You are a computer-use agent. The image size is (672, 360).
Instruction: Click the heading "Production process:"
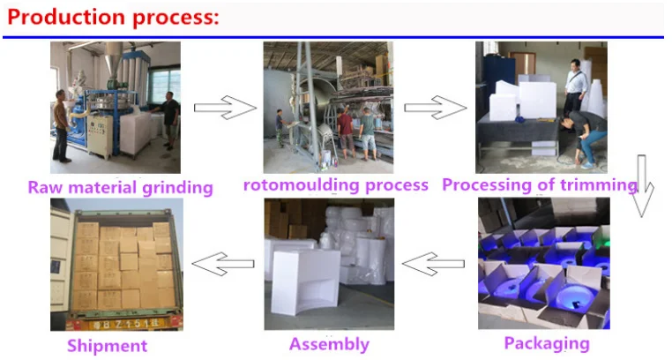pyautogui.click(x=113, y=18)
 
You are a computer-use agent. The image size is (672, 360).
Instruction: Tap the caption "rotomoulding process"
pyautogui.click(x=336, y=185)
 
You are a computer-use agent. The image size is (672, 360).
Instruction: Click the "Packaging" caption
pyautogui.click(x=547, y=344)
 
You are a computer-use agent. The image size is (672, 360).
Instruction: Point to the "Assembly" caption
pyautogui.click(x=329, y=345)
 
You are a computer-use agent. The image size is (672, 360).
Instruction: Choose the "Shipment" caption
pyautogui.click(x=107, y=346)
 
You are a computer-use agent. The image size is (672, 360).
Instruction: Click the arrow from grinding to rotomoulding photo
pyautogui.click(x=225, y=108)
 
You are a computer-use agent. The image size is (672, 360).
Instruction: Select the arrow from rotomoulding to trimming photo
pyautogui.click(x=435, y=108)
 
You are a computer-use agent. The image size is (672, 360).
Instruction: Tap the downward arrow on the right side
pyautogui.click(x=641, y=186)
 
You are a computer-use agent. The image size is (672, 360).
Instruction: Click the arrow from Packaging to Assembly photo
pyautogui.click(x=433, y=264)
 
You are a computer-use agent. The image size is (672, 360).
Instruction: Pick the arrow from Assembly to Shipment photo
pyautogui.click(x=223, y=264)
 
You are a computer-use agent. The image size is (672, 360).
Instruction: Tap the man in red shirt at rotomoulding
pyautogui.click(x=346, y=133)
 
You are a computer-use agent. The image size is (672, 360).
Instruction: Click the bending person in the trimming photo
pyautogui.click(x=584, y=137)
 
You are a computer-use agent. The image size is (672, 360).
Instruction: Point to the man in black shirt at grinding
pyautogui.click(x=168, y=120)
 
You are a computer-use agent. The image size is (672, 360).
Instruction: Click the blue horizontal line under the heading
pyautogui.click(x=333, y=37)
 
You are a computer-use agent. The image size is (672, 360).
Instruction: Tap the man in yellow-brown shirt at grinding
pyautogui.click(x=62, y=125)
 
